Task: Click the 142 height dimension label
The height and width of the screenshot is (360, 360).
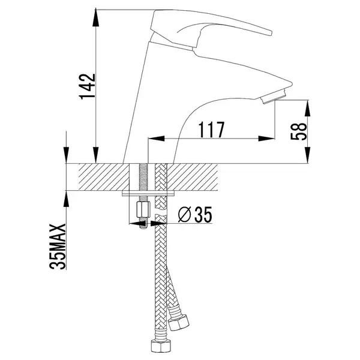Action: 87,86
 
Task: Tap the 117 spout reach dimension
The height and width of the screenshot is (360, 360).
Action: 211,130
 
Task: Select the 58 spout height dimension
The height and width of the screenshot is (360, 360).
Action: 298,131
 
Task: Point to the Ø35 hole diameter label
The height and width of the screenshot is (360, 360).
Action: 195,215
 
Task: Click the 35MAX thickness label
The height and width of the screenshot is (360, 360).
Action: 58,246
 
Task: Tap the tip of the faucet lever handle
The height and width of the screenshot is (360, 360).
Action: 271,33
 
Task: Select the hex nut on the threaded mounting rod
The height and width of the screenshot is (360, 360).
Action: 143,209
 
